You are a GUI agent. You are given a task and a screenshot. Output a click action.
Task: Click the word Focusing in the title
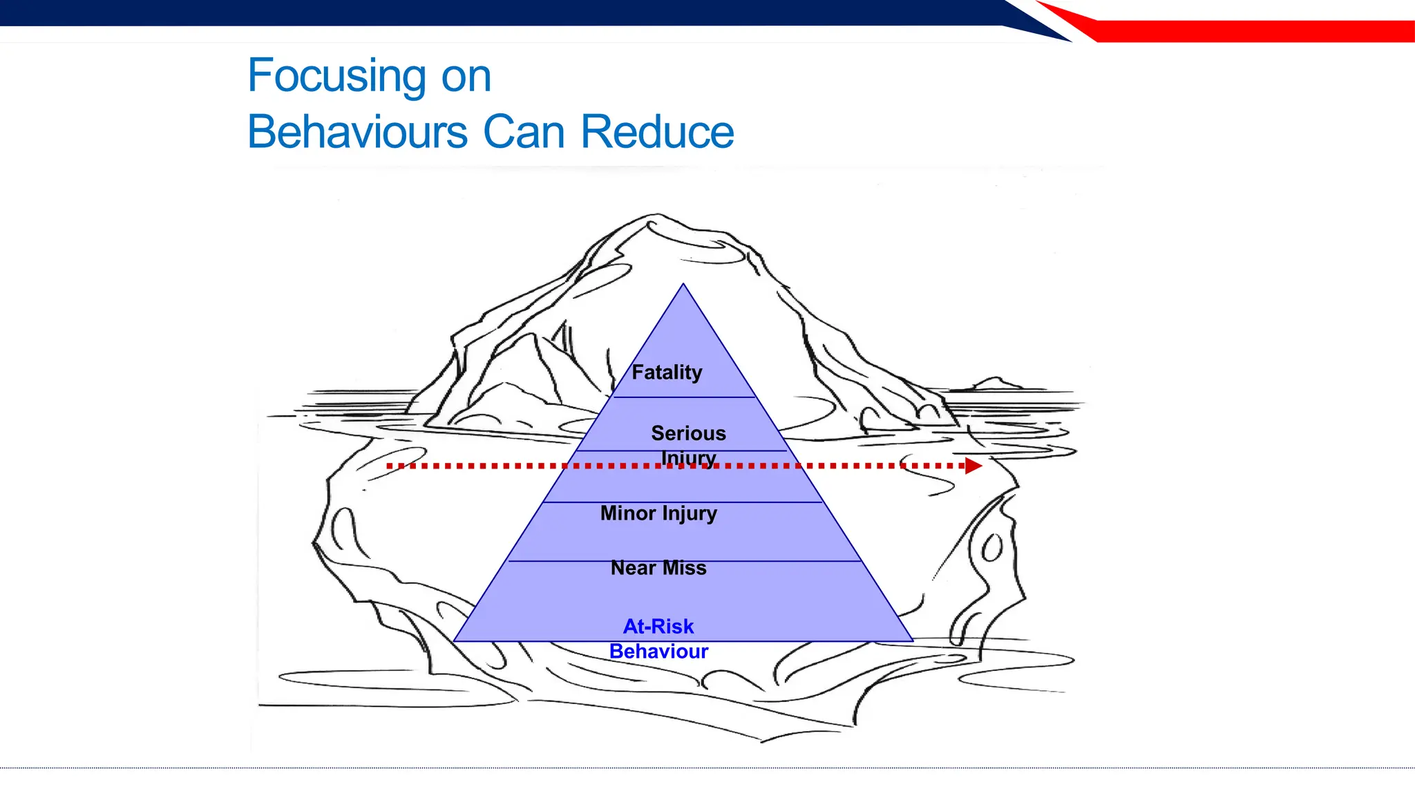(x=336, y=76)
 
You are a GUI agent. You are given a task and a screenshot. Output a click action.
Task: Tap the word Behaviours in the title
(x=357, y=132)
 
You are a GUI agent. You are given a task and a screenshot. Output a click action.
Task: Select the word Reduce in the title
(x=657, y=132)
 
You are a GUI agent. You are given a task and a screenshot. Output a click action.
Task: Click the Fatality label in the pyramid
(x=667, y=372)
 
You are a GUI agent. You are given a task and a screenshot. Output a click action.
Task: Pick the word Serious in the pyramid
(x=688, y=433)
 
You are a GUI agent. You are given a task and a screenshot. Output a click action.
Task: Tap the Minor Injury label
(x=658, y=513)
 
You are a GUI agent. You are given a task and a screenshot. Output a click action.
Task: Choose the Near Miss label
(x=658, y=568)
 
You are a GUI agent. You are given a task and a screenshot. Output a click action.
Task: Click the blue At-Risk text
(x=658, y=626)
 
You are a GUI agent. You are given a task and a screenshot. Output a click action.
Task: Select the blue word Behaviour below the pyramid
(x=658, y=652)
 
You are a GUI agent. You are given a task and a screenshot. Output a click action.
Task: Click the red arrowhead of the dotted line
(x=973, y=466)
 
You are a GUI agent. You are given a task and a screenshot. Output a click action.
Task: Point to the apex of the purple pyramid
(x=683, y=285)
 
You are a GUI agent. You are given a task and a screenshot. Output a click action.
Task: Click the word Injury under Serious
(x=688, y=458)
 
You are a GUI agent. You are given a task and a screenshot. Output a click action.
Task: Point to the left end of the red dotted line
(x=390, y=466)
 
